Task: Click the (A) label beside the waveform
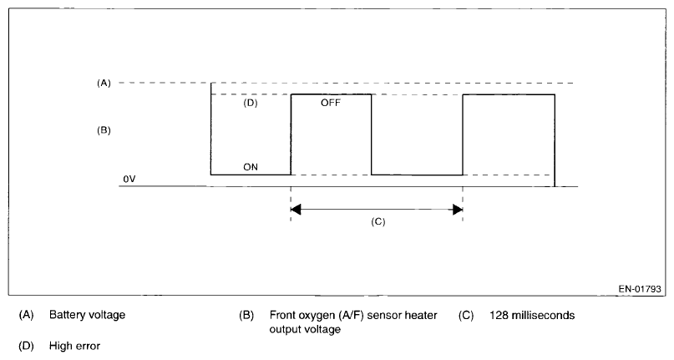pyautogui.click(x=104, y=83)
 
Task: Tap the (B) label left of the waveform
pyautogui.click(x=104, y=131)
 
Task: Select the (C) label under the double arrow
pyautogui.click(x=378, y=223)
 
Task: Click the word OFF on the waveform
pyautogui.click(x=331, y=104)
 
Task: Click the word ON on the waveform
pyautogui.click(x=251, y=167)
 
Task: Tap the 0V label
pyautogui.click(x=129, y=179)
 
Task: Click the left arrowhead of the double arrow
pyautogui.click(x=296, y=209)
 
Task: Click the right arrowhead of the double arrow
pyautogui.click(x=457, y=209)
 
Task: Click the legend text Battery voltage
pyautogui.click(x=87, y=316)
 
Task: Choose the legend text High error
pyautogui.click(x=74, y=344)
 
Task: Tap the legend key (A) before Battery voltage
pyautogui.click(x=25, y=316)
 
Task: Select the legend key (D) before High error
pyautogui.click(x=25, y=344)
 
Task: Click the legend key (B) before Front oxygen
pyautogui.click(x=246, y=316)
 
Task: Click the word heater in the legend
pyautogui.click(x=422, y=316)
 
